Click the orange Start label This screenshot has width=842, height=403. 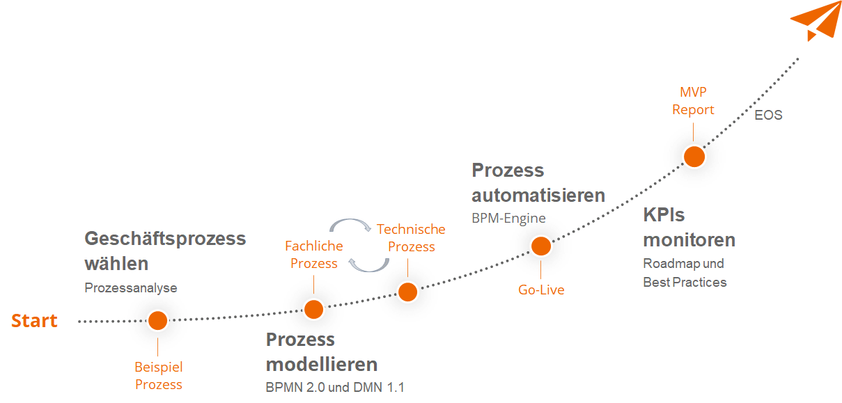point(34,321)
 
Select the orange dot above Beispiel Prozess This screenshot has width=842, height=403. point(158,320)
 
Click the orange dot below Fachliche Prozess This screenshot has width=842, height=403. point(313,309)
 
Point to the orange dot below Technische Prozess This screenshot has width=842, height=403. point(407,292)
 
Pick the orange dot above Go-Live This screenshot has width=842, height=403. point(541,246)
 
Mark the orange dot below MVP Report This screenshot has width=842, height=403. point(694,157)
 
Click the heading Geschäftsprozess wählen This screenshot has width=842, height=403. point(165,251)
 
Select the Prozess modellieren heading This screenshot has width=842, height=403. point(322,351)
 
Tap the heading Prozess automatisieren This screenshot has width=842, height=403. point(538,182)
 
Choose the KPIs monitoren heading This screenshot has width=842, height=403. point(689,228)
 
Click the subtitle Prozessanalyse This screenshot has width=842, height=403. point(131,287)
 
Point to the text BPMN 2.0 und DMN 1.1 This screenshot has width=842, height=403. point(334,387)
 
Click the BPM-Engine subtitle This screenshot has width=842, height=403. point(508,218)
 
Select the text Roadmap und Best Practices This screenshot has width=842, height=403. point(685,273)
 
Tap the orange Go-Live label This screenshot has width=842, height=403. point(541,290)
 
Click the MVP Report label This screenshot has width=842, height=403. point(693,101)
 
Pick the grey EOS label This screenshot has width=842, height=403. point(768,116)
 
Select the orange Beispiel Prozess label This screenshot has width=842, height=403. point(158,375)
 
